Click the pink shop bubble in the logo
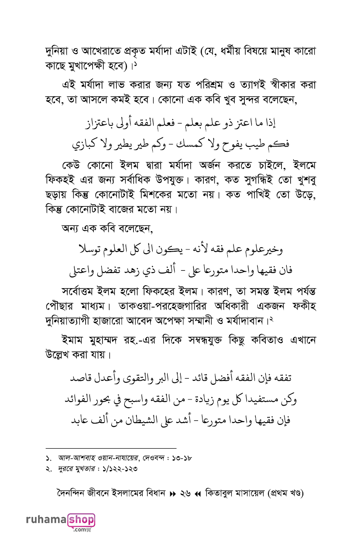pyautogui.click(x=81, y=520)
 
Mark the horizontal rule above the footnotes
pyautogui.click(x=111, y=448)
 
